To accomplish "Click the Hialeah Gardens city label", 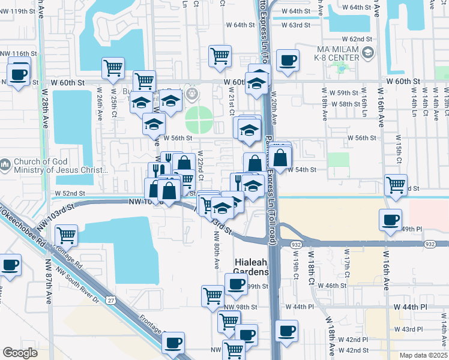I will pyautogui.click(x=250, y=267).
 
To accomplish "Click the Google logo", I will pyautogui.click(x=20, y=352).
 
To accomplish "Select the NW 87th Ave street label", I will pyautogui.click(x=49, y=281).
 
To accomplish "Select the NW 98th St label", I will pyautogui.click(x=240, y=307).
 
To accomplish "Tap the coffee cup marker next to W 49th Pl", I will pyautogui.click(x=390, y=220).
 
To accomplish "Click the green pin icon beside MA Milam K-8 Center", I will pyautogui.click(x=366, y=56).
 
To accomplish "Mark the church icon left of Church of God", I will pyautogui.click(x=5, y=164).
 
